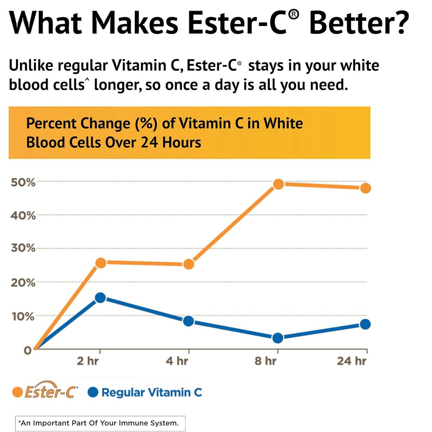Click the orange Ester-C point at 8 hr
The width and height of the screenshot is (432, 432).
pyautogui.click(x=278, y=184)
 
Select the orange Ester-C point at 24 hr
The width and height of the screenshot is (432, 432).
pyautogui.click(x=365, y=188)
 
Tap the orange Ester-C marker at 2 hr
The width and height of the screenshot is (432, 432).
pyautogui.click(x=101, y=263)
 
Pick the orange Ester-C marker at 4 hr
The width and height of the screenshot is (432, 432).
pyautogui.click(x=188, y=264)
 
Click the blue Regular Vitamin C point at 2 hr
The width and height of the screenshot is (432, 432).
pyautogui.click(x=100, y=298)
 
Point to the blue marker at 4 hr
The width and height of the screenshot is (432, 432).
pyautogui.click(x=188, y=321)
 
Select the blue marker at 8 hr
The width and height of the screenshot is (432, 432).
pyautogui.click(x=278, y=338)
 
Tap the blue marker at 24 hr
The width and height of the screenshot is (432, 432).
pyautogui.click(x=365, y=324)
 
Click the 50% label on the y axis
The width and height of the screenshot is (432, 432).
pyautogui.click(x=23, y=183)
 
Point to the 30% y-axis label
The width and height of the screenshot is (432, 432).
pyautogui.click(x=23, y=248)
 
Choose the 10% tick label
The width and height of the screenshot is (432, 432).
pyautogui.click(x=23, y=317)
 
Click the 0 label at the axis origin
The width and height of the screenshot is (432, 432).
pyautogui.click(x=27, y=351)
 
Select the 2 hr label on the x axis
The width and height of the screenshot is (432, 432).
pyautogui.click(x=88, y=361)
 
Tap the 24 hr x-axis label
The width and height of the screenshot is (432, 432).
pyautogui.click(x=351, y=361)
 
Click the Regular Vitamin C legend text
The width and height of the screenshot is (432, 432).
pyautogui.click(x=152, y=392)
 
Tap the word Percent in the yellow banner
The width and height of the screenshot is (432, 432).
pyautogui.click(x=51, y=123)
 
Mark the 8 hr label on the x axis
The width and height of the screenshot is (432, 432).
pyautogui.click(x=265, y=361)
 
